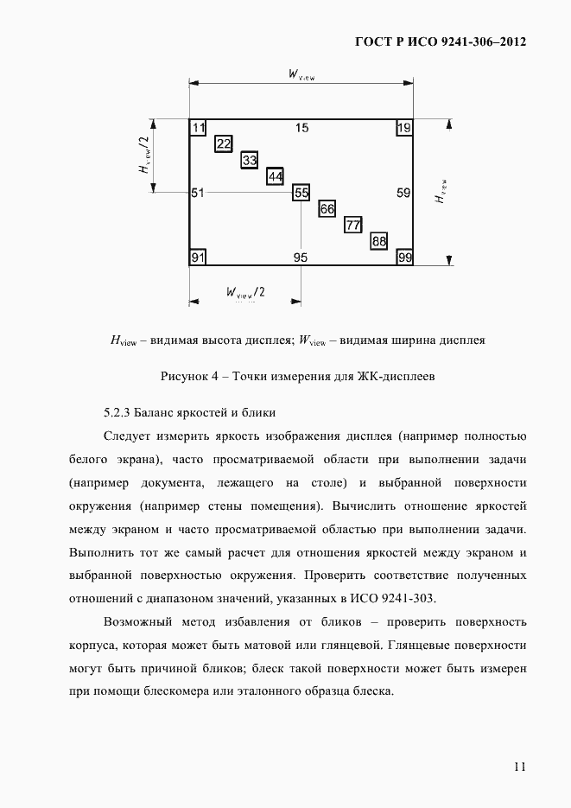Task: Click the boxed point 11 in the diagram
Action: click(x=199, y=129)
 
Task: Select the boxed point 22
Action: click(x=224, y=144)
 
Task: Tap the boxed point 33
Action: click(x=250, y=161)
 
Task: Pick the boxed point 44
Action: click(x=276, y=176)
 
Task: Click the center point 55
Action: click(x=301, y=193)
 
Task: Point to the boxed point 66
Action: click(x=327, y=209)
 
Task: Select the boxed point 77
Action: click(x=352, y=226)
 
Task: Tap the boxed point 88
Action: click(x=378, y=241)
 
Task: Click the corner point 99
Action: click(x=403, y=258)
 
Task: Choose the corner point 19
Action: click(x=403, y=129)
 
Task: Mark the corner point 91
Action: click(x=199, y=258)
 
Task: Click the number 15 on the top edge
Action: click(x=301, y=129)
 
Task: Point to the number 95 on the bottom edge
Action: click(x=301, y=258)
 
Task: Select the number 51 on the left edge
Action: click(x=198, y=193)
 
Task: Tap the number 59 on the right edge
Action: click(x=403, y=193)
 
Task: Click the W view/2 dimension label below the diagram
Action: click(x=245, y=292)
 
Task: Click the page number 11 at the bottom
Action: click(x=518, y=767)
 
